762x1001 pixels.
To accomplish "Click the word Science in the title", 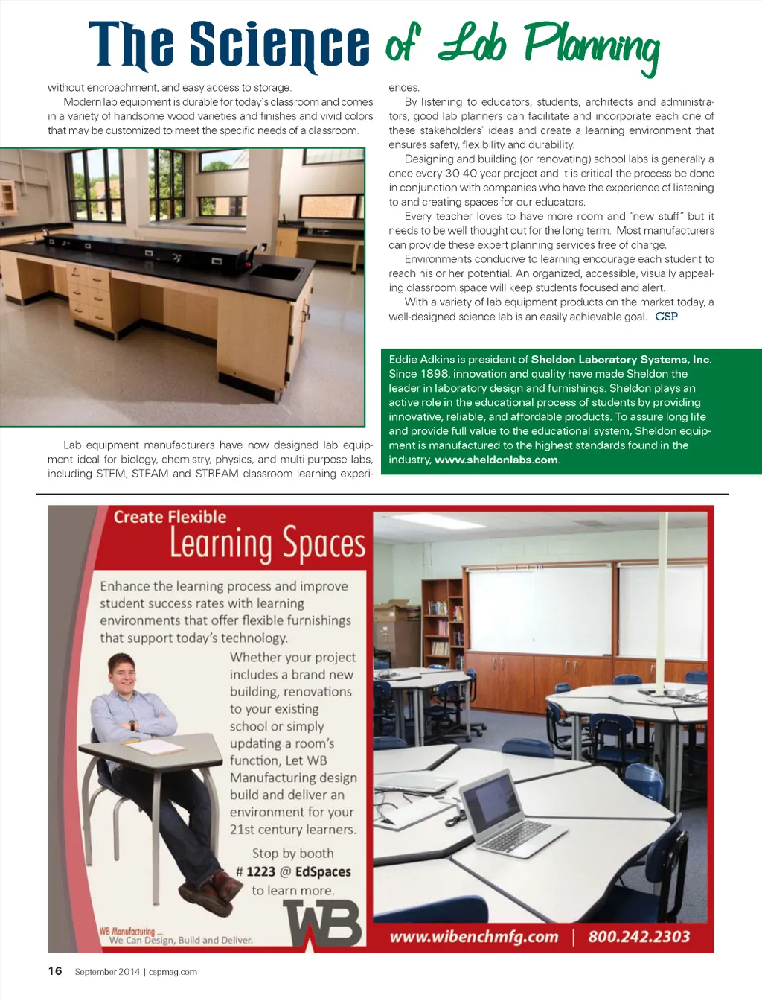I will (x=279, y=45).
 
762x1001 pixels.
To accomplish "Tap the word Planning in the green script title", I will (x=592, y=46).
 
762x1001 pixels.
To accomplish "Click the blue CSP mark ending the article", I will (x=666, y=317).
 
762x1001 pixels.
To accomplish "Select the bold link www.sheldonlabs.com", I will (x=496, y=460).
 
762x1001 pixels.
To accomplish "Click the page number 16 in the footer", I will (x=55, y=970).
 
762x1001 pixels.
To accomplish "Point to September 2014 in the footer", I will (x=106, y=971).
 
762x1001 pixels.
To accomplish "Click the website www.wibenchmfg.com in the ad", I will (x=473, y=936).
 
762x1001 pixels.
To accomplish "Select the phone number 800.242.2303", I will (x=638, y=936).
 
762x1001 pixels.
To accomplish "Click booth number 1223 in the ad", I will (x=260, y=871).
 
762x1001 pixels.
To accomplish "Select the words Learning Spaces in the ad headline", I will (x=267, y=544).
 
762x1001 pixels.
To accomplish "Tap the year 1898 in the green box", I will (x=435, y=373).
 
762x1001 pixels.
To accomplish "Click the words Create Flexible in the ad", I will (x=170, y=517).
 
